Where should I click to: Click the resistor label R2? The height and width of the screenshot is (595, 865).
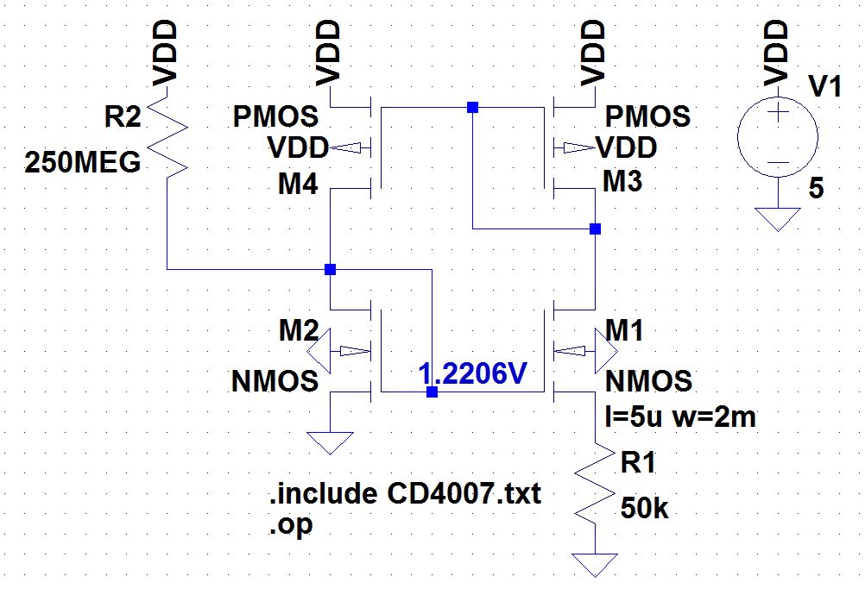click(122, 118)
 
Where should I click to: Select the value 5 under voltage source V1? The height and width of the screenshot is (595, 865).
click(816, 189)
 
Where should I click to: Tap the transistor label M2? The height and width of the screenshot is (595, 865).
click(298, 329)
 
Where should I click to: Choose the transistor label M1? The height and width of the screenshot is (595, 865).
click(624, 329)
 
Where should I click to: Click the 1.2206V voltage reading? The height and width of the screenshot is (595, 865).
click(472, 374)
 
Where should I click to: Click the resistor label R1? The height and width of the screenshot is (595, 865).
click(638, 463)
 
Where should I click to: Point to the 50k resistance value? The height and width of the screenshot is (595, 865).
click(644, 509)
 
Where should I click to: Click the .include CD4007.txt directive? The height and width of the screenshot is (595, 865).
click(405, 495)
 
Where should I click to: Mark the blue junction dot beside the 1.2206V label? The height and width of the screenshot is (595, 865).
click(432, 392)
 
